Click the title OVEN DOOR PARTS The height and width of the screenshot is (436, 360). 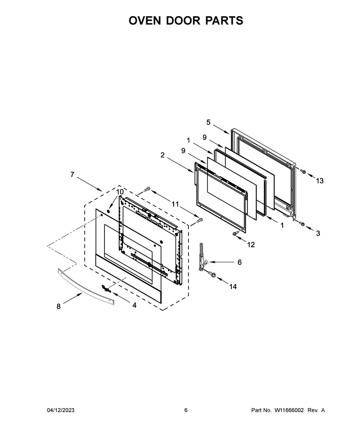186,21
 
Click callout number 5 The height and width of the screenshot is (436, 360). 208,122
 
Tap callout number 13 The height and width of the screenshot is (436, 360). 319,181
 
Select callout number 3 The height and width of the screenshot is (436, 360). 318,233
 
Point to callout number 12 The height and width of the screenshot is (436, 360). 251,245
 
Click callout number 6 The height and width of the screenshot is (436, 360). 239,262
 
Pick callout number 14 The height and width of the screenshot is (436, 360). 233,286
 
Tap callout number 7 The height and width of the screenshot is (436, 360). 72,174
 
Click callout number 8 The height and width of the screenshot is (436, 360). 58,307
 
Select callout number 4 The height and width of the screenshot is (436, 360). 135,305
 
